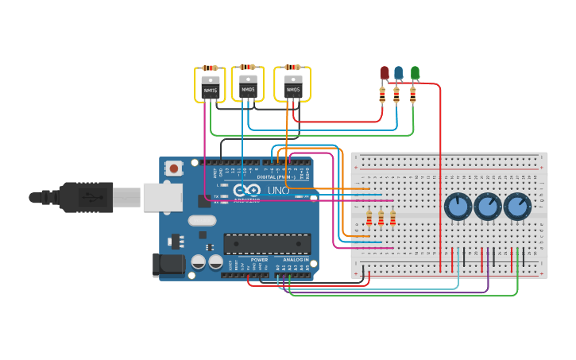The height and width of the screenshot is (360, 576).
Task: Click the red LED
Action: point(385,73)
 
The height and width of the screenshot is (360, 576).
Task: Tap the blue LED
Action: point(399,73)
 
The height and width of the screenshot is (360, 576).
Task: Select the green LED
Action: point(415,73)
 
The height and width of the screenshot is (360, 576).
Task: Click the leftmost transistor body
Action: point(210,87)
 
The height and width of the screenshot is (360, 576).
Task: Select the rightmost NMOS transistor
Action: point(293,86)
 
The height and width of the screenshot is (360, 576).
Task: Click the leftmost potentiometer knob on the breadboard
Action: point(458,207)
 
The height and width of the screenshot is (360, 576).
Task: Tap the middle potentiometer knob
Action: point(487,207)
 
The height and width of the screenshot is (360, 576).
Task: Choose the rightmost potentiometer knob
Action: point(516,207)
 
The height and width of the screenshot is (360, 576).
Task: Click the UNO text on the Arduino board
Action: point(277,191)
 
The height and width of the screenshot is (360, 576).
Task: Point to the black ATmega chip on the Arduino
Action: point(266,244)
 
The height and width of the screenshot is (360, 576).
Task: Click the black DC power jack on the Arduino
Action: point(168,264)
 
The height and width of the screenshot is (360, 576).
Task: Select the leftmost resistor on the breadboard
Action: point(369,217)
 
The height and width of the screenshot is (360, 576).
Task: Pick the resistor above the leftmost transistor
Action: point(210,68)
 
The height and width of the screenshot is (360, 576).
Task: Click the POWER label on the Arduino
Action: point(259,260)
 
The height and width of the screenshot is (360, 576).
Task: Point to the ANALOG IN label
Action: point(295,260)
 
